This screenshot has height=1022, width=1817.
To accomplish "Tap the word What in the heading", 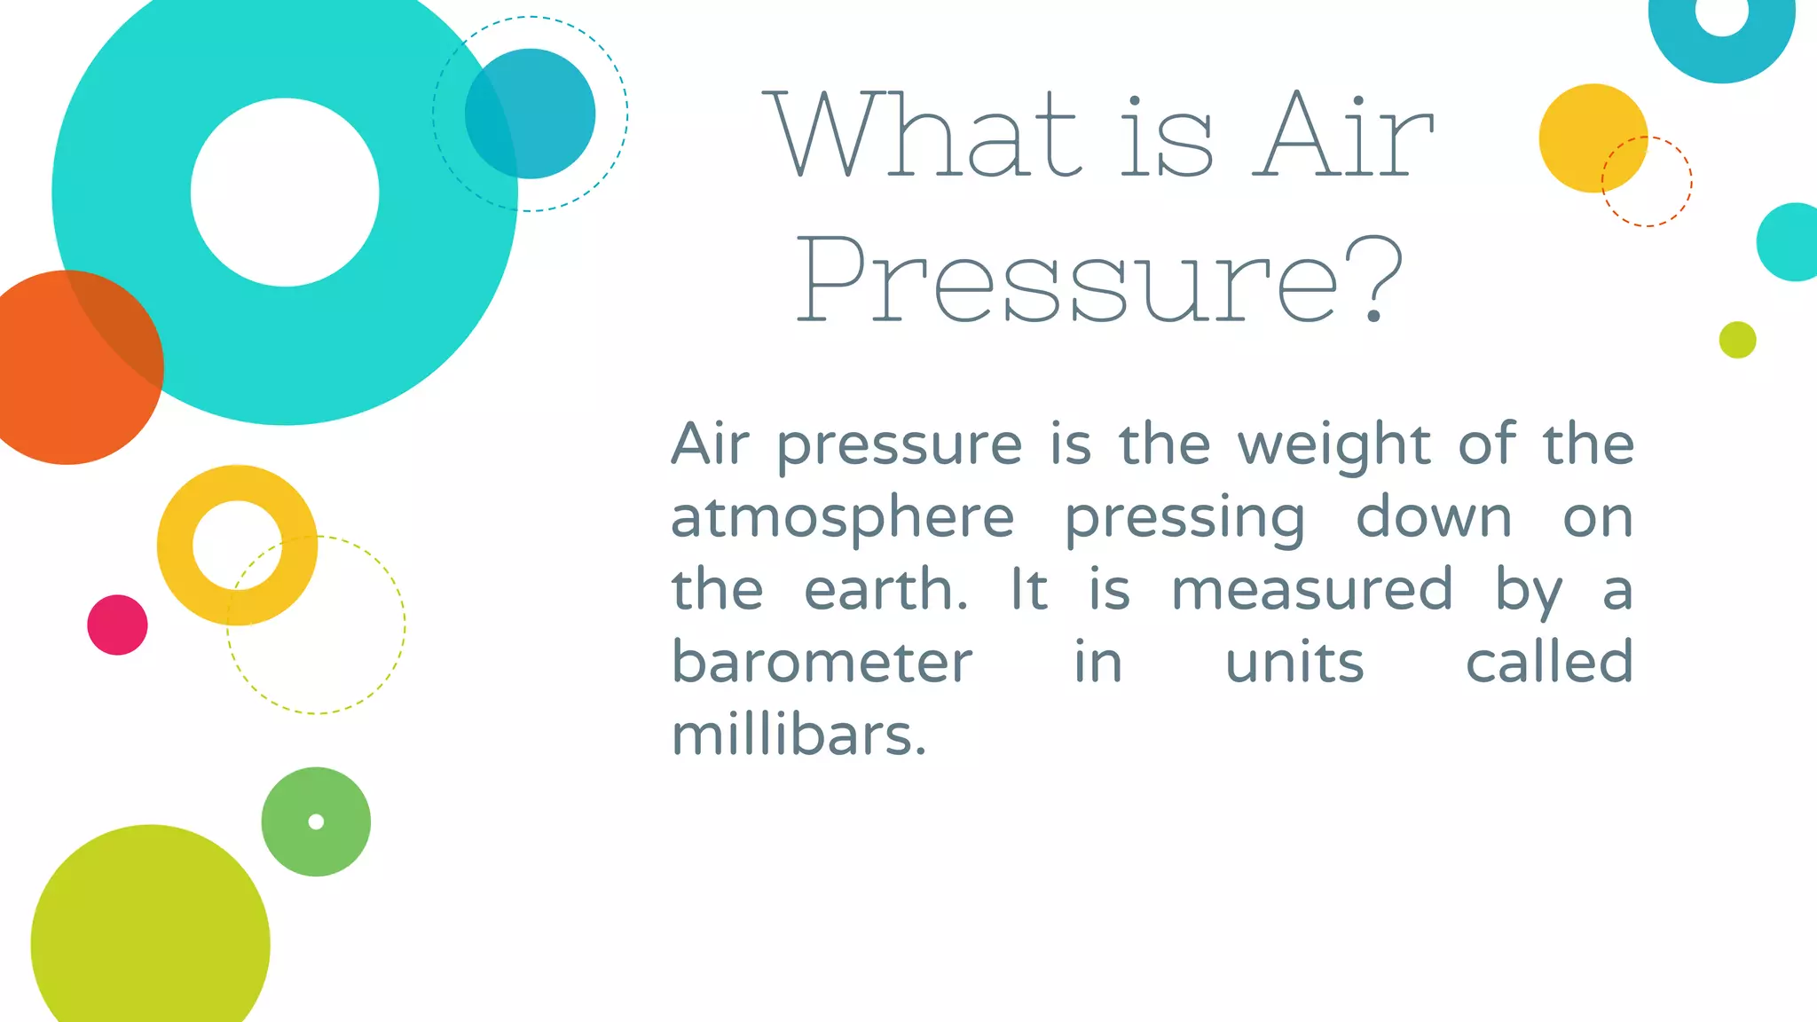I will pyautogui.click(x=923, y=135).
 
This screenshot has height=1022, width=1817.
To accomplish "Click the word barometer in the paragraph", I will pyautogui.click(x=822, y=662).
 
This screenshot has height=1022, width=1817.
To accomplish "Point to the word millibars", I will pyautogui.click(x=798, y=735).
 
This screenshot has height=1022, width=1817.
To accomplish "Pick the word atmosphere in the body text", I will pyautogui.click(x=842, y=518).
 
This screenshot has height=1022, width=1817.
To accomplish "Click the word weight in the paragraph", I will pyautogui.click(x=1333, y=444).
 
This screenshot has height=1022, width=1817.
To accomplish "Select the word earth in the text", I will pyautogui.click(x=885, y=590).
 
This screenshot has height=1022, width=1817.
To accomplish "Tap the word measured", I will pyautogui.click(x=1311, y=590).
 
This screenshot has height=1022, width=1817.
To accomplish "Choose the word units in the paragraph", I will pyautogui.click(x=1294, y=663).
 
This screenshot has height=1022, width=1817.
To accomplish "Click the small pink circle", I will pyautogui.click(x=117, y=625).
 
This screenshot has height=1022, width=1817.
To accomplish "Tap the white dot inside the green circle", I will pyautogui.click(x=316, y=822).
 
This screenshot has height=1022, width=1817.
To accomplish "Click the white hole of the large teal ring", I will pyautogui.click(x=285, y=193).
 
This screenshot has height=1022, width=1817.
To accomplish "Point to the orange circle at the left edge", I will pyautogui.click(x=62, y=381).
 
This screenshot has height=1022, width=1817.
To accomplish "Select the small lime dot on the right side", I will pyautogui.click(x=1737, y=340).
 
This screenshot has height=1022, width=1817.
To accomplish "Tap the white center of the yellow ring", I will pyautogui.click(x=236, y=544).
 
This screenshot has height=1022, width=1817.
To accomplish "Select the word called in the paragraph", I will pyautogui.click(x=1549, y=662).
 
